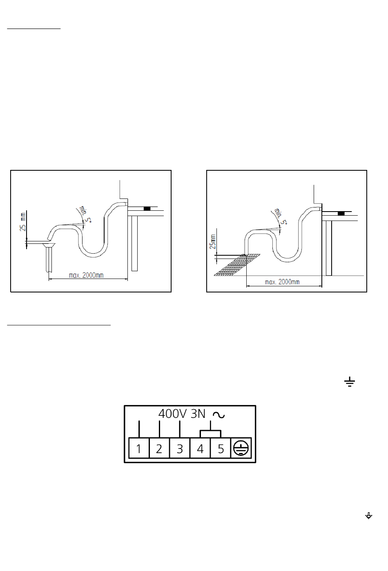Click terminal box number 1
tap(139, 448)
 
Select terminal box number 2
tap(159, 448)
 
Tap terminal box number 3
tap(180, 448)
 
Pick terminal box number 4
tap(200, 448)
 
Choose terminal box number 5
tap(221, 448)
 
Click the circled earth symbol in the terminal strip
tap(241, 448)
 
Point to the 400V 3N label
tap(182, 414)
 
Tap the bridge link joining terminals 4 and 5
tap(210, 430)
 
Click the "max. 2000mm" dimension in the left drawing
tap(86, 275)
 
